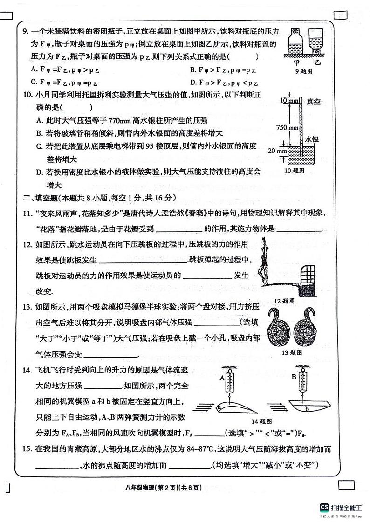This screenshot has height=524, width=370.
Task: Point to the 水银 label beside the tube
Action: [x=312, y=139]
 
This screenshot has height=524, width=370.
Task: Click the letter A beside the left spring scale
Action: [x=222, y=379]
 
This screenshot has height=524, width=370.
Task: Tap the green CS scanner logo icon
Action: [x=324, y=507]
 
